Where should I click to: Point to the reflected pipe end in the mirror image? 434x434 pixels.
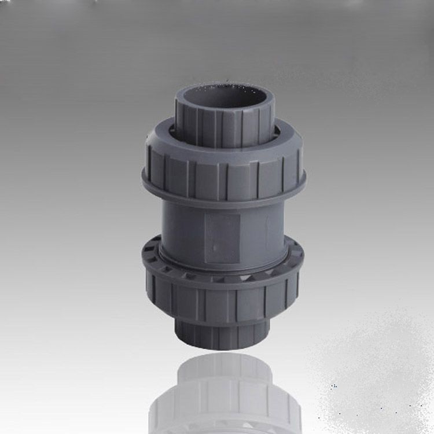pos(223,367)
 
